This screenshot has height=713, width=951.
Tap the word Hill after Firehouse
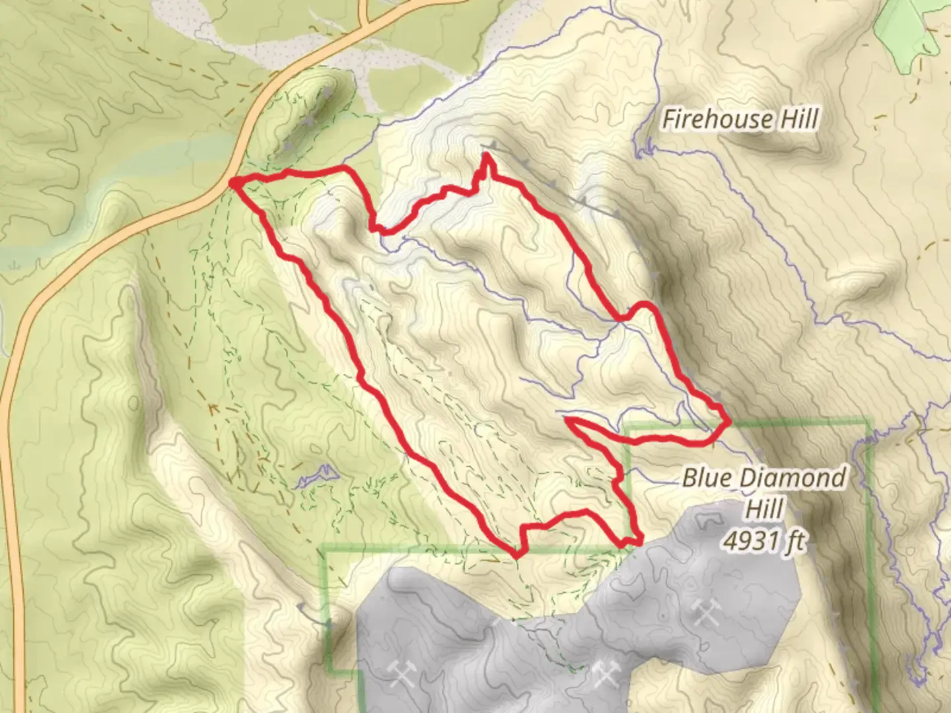click(798, 119)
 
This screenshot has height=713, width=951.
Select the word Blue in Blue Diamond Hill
click(708, 477)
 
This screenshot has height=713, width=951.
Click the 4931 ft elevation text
click(765, 541)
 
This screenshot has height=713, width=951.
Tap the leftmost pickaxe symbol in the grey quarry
click(401, 674)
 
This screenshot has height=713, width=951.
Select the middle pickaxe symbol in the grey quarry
click(604, 673)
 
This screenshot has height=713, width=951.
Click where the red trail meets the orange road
click(234, 182)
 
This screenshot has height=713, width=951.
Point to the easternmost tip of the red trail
click(727, 421)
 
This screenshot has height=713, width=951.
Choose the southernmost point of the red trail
click(515, 555)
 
